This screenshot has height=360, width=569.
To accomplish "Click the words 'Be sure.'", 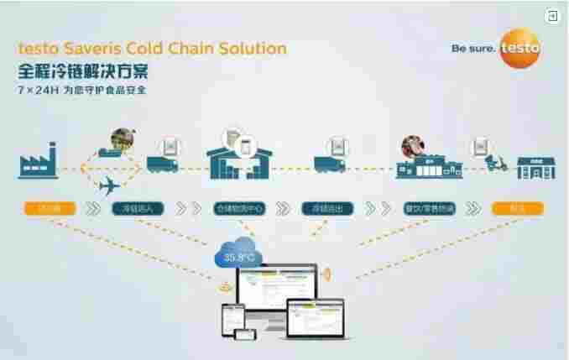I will pyautogui.click(x=473, y=49).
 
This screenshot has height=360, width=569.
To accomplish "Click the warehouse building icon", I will pyautogui.click(x=238, y=160).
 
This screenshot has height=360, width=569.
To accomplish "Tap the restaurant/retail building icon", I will pyautogui.click(x=430, y=167).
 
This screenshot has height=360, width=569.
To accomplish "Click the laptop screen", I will pyautogui.click(x=314, y=316).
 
